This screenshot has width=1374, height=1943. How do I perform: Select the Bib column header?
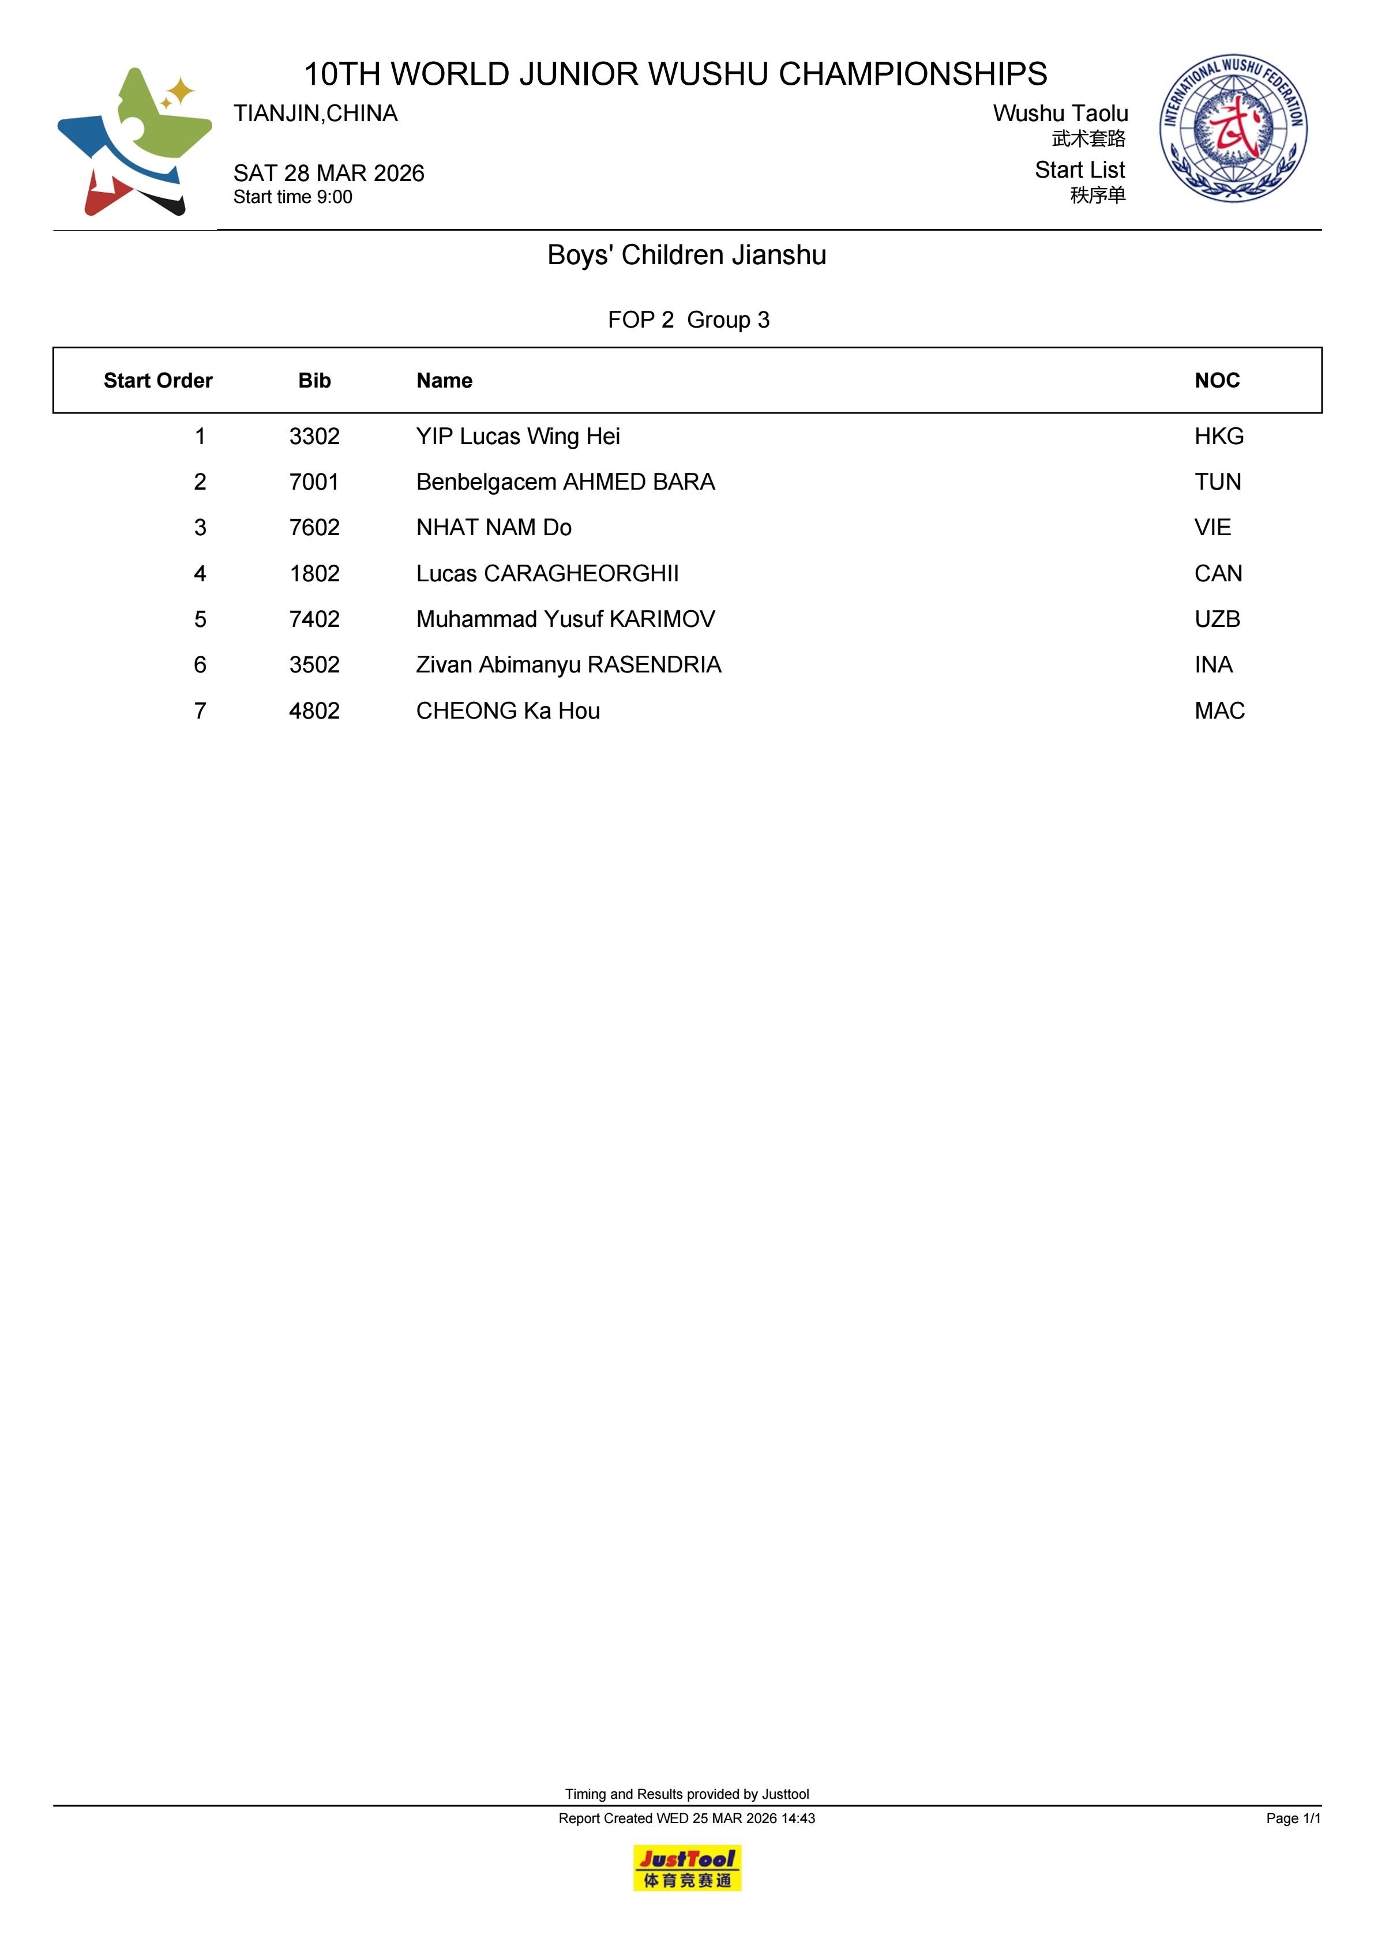click(314, 381)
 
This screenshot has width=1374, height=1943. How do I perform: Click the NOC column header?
click(1217, 381)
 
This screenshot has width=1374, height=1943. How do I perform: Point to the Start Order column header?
click(157, 381)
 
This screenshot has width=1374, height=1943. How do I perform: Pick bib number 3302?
click(314, 437)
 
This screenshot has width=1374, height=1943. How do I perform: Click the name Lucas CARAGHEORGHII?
click(547, 574)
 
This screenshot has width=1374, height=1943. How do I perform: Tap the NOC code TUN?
click(1217, 482)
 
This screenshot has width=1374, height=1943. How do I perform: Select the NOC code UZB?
click(1217, 619)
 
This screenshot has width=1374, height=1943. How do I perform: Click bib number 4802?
click(314, 711)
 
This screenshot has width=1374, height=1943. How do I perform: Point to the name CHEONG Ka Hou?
click(508, 711)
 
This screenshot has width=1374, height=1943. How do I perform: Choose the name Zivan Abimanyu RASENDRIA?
click(568, 665)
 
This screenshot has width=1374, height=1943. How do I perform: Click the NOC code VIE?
click(1212, 528)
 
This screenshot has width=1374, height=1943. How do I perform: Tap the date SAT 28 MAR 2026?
click(328, 174)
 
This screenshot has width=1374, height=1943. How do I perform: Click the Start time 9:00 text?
click(293, 197)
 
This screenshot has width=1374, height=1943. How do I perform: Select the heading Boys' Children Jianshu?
click(686, 255)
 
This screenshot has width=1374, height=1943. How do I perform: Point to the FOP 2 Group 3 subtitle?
click(688, 320)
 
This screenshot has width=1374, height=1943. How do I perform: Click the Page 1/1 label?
click(1293, 1818)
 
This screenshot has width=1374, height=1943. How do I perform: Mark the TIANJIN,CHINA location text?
click(315, 114)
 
